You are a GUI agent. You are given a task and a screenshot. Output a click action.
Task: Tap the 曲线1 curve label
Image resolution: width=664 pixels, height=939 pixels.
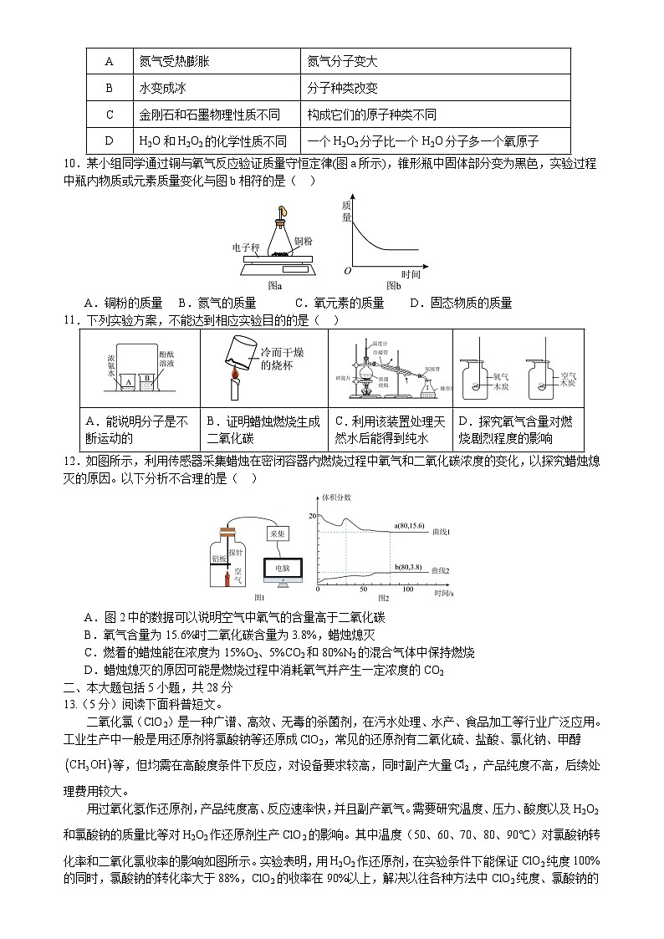tap(442, 532)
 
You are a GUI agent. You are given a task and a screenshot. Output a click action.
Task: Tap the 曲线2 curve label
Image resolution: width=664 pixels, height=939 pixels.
tap(442, 570)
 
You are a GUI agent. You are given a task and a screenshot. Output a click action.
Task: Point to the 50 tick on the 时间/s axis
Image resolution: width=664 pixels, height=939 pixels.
tap(364, 589)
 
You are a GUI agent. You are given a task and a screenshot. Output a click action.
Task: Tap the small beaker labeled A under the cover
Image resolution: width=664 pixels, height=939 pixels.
tap(127, 381)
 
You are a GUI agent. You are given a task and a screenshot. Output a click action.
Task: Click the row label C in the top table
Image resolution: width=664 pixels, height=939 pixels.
tap(109, 115)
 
